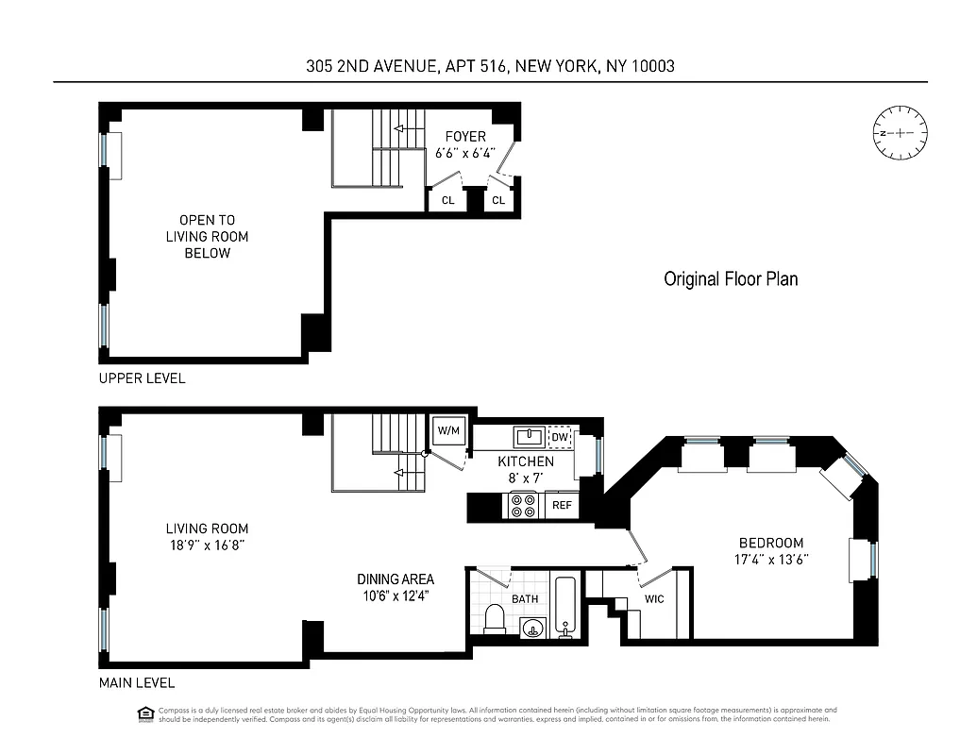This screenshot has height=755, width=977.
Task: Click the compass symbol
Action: (901, 133)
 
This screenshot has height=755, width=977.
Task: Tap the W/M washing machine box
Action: (447, 431)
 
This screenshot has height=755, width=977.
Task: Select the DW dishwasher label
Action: (560, 437)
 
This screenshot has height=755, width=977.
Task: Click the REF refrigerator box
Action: (562, 506)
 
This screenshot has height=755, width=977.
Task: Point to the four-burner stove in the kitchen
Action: (523, 506)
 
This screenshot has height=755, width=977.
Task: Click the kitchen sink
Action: (529, 436)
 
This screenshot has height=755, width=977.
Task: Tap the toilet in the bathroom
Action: (495, 619)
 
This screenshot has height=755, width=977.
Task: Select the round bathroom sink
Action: (533, 627)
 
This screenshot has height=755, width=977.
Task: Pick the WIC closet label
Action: (655, 599)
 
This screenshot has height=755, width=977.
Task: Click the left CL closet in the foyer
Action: (447, 200)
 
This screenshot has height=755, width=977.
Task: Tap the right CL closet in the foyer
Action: (498, 200)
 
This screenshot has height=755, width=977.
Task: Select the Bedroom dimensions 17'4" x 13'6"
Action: (771, 559)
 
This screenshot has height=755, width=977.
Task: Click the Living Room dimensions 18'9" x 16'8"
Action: (208, 545)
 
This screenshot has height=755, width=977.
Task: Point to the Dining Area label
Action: (396, 579)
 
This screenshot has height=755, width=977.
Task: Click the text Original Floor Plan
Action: (731, 279)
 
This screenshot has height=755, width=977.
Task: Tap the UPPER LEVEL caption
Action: (143, 378)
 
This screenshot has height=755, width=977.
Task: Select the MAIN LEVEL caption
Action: (137, 683)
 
